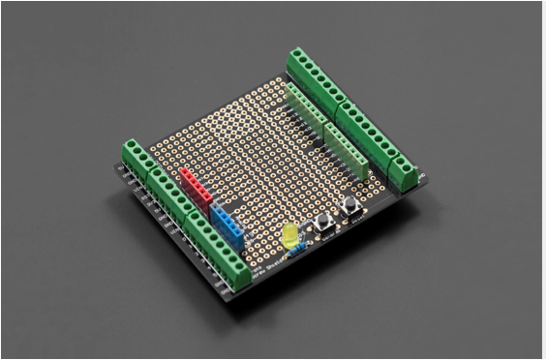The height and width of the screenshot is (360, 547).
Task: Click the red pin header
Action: [197, 186]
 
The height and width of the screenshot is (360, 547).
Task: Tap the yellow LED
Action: [289, 235]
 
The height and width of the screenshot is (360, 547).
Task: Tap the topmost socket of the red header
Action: [185, 172]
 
